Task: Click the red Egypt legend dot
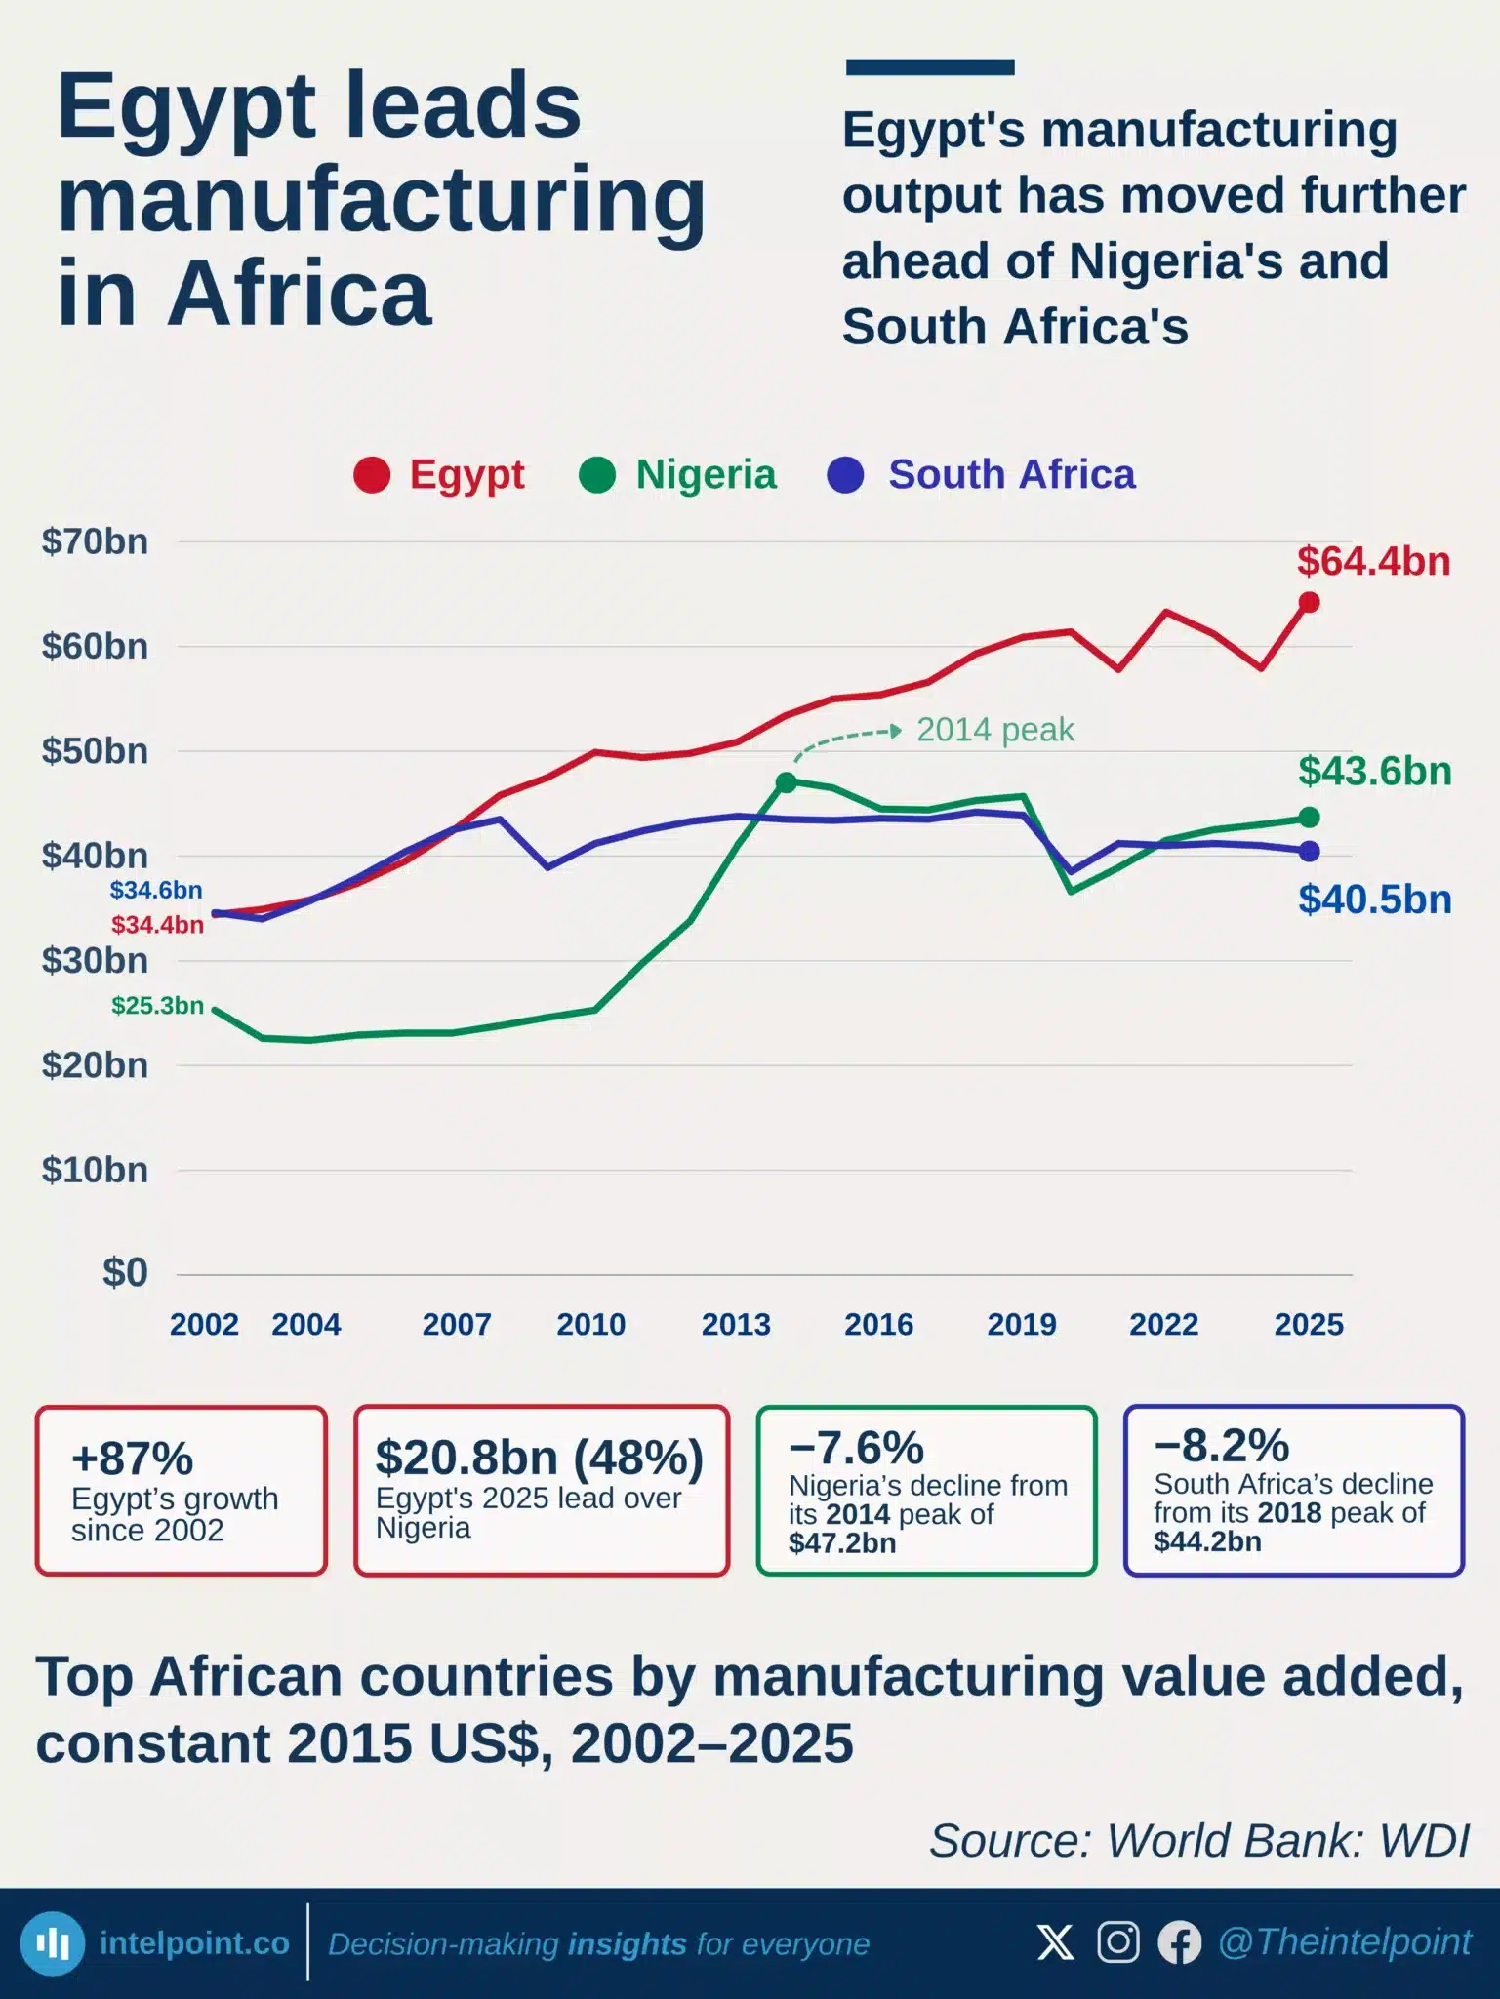372,475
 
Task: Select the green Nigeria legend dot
597,475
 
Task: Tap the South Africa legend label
1012,475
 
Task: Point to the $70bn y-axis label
95,541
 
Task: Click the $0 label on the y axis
126,1273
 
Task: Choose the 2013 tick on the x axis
736,1324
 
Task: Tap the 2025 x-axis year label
1309,1324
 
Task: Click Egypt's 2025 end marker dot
1310,603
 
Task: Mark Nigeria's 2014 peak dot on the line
786,782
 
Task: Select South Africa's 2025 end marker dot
1310,852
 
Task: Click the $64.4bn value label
1373,561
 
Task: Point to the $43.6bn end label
1375,771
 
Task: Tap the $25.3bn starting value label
157,1005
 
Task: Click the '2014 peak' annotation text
995,730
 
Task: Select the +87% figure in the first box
133,1459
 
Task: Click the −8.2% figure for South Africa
1222,1445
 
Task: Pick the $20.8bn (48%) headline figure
540,1458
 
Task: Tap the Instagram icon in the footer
1118,1941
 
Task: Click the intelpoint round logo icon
53,1942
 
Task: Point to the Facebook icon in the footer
1180,1942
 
